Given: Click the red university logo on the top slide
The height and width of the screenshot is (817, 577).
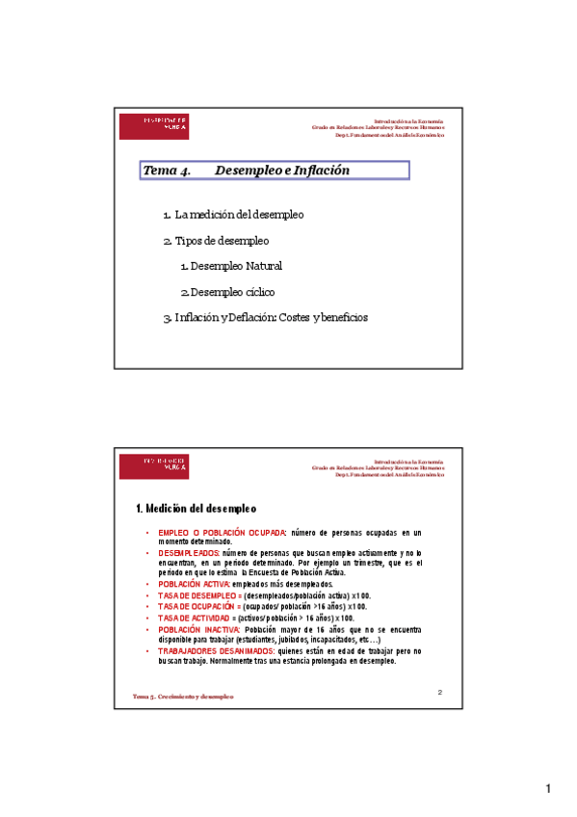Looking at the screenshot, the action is pos(154,125).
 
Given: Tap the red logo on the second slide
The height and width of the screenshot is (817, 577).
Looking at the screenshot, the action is pos(154,465).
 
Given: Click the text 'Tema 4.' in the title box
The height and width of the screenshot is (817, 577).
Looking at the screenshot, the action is pos(167,171).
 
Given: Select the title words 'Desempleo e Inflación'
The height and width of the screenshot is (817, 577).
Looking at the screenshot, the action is pos(282,171).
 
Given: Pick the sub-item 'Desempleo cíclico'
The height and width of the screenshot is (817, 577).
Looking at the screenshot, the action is pos(232,292).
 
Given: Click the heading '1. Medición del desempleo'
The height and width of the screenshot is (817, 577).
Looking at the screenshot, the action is pos(196,508).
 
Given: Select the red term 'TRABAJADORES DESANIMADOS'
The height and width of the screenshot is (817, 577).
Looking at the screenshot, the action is pos(209,651).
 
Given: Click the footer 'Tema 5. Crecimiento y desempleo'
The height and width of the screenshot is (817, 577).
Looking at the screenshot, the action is pos(183,696).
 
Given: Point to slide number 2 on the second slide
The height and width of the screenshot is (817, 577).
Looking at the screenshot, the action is pos(439,692).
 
